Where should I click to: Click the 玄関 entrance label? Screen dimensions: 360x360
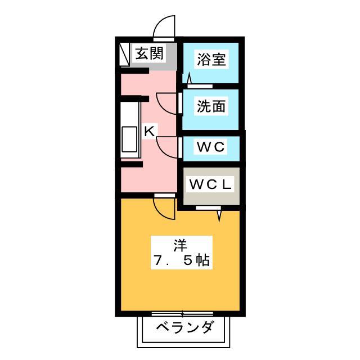click(x=149, y=53)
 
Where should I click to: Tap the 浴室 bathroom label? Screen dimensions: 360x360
click(x=211, y=59)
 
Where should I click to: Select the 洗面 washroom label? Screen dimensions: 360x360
click(x=211, y=106)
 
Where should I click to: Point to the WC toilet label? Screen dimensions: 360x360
click(x=210, y=146)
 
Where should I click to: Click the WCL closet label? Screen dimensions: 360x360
click(x=210, y=184)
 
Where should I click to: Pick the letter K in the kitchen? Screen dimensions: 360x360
click(x=150, y=131)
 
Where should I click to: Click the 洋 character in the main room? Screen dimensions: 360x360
click(x=180, y=245)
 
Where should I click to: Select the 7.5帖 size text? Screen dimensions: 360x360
click(x=182, y=260)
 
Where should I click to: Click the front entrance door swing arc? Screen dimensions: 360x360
click(x=159, y=23)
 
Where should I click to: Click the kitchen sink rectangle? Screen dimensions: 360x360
click(x=129, y=139)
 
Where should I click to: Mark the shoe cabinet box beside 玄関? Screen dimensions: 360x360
click(x=125, y=54)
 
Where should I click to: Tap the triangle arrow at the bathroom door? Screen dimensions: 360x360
click(x=190, y=79)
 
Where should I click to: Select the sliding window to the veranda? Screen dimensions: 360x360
click(x=182, y=313)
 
